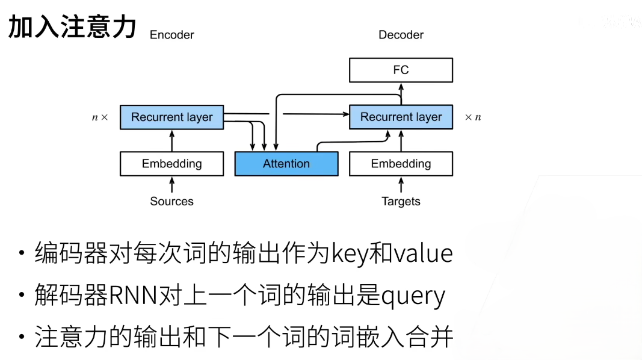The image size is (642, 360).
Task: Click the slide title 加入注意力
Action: (72, 27)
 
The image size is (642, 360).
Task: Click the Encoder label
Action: (171, 35)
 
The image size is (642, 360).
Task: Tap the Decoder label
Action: (401, 35)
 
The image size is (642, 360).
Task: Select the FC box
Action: (401, 70)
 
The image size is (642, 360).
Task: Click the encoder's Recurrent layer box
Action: (171, 117)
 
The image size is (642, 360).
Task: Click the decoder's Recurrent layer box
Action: (401, 117)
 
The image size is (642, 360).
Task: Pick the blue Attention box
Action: (286, 164)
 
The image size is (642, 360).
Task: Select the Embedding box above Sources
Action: (171, 164)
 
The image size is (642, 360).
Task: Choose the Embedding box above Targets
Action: (401, 164)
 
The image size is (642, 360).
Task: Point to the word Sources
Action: (171, 201)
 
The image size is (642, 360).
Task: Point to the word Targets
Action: (401, 201)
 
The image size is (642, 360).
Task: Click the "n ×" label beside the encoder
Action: (100, 117)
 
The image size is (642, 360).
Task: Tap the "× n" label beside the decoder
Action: (473, 117)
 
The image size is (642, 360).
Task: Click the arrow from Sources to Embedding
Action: (172, 184)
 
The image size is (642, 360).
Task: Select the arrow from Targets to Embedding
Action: (401, 184)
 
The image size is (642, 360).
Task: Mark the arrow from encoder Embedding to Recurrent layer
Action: (172, 140)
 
